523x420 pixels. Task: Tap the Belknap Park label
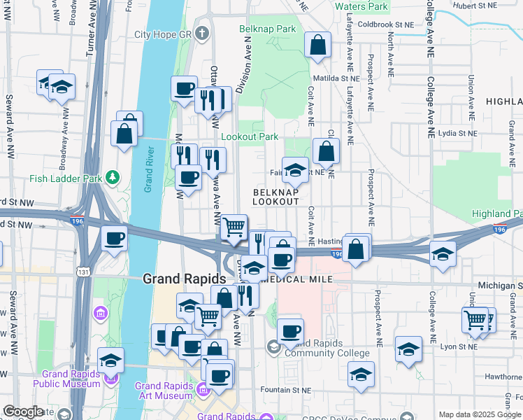click(x=267, y=29)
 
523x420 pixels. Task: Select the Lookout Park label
click(x=250, y=137)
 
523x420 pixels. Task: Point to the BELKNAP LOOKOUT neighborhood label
click(x=275, y=196)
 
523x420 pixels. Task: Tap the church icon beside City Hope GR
click(x=201, y=34)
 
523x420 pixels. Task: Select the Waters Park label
click(x=361, y=6)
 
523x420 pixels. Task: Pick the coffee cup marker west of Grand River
click(x=113, y=238)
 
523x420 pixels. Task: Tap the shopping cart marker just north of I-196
click(x=234, y=226)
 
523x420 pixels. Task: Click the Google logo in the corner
click(x=23, y=412)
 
